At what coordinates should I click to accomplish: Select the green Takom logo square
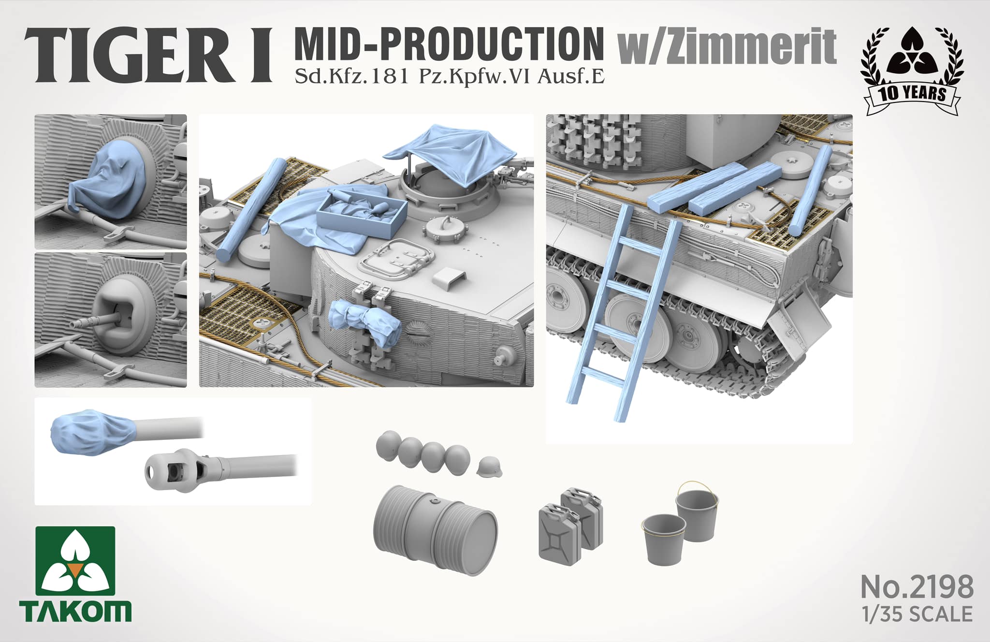(75, 561)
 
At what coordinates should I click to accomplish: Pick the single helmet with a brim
(490, 467)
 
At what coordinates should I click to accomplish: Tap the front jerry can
(560, 534)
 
